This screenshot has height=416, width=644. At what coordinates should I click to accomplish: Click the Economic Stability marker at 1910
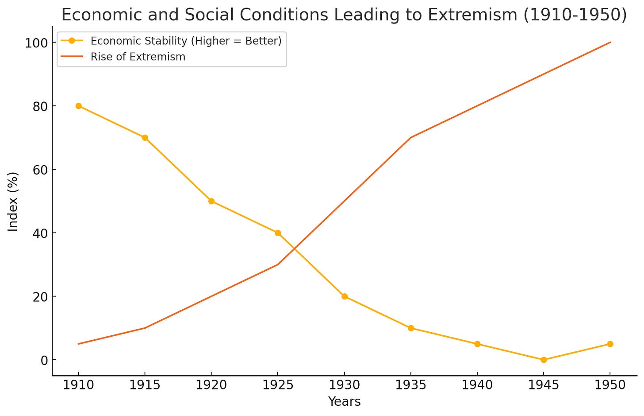coord(78,106)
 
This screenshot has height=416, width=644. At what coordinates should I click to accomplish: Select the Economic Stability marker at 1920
coord(211,201)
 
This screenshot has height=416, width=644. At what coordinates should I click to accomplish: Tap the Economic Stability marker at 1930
coord(345,296)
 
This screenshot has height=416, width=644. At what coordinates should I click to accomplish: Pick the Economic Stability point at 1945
coord(544,360)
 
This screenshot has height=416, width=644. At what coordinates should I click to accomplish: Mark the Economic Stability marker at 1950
coord(610,344)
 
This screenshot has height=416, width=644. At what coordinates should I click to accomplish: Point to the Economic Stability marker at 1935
coord(411,328)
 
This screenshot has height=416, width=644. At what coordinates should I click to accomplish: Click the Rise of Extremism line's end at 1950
coord(610,43)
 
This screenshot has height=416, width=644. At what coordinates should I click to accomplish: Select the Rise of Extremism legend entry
coord(138,57)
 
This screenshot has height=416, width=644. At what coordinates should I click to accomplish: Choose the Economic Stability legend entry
coord(186,41)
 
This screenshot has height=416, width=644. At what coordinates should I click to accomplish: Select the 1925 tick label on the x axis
coord(278,385)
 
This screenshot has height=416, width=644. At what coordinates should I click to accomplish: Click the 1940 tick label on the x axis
coord(477,385)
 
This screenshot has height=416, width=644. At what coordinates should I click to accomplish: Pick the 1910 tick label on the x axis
coord(78,385)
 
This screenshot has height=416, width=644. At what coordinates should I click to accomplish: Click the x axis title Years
coord(344,402)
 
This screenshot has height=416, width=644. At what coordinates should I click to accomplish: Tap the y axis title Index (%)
coord(13,201)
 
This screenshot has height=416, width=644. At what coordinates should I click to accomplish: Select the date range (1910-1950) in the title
coord(574,15)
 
